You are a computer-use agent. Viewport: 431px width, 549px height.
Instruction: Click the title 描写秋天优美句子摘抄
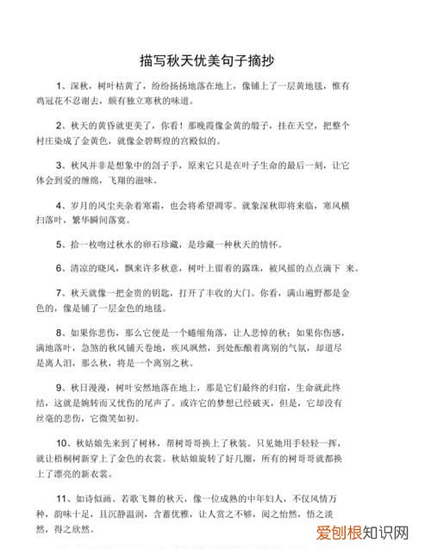(x=215, y=62)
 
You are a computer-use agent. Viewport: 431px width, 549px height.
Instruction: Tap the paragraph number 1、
(x=62, y=87)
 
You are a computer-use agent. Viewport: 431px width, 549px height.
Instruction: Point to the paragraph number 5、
(x=62, y=245)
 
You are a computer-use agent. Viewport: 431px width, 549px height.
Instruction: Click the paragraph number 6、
(x=62, y=268)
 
